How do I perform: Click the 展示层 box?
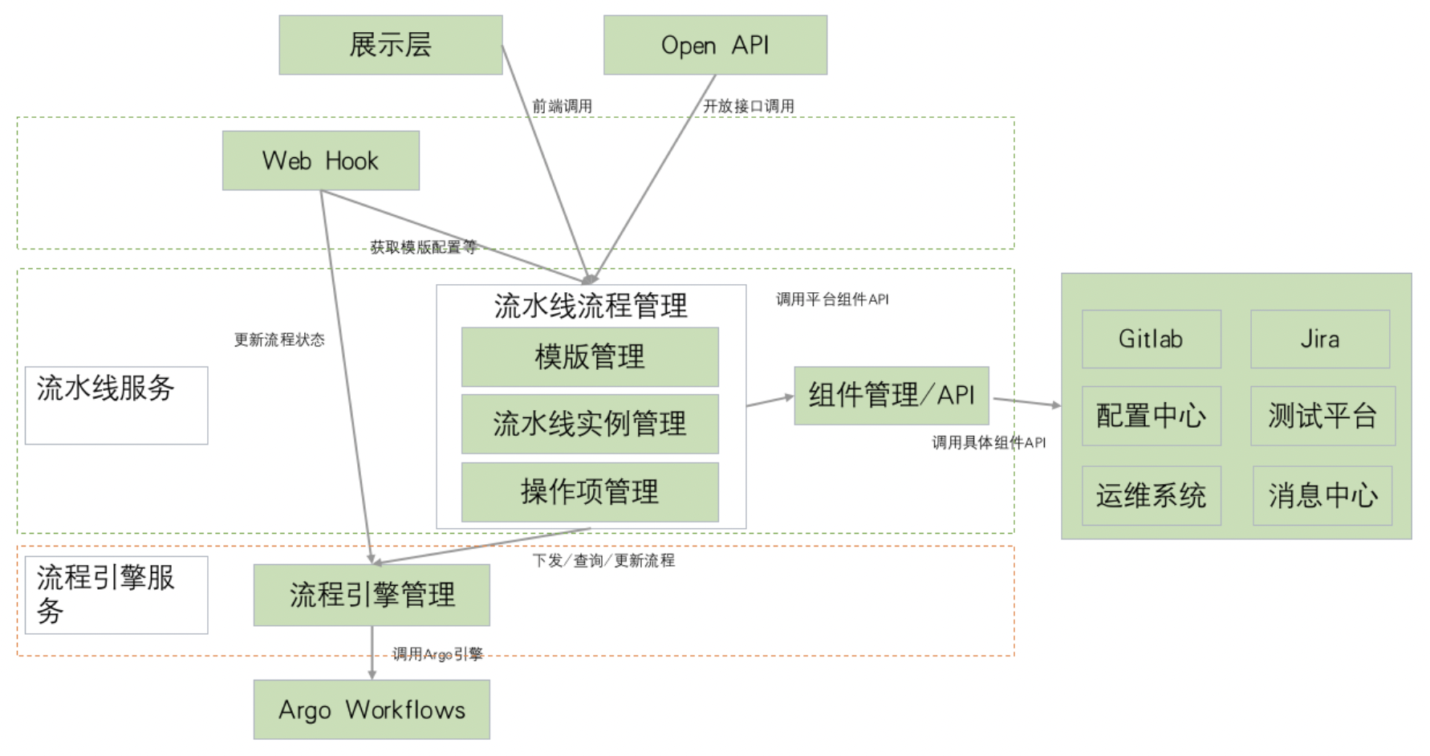click(x=391, y=45)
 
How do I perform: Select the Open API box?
click(x=715, y=45)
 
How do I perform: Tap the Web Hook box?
click(x=321, y=161)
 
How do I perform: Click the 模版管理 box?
click(x=590, y=357)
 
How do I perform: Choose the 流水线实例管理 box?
click(x=590, y=424)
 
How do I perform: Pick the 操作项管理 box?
click(x=590, y=492)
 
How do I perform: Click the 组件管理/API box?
click(x=892, y=396)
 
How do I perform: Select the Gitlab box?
click(x=1152, y=339)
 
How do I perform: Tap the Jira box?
click(x=1320, y=339)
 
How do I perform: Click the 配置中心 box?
click(x=1152, y=416)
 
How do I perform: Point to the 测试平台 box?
click(x=1322, y=416)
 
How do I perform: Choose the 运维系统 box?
click(x=1152, y=496)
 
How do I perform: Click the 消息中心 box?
click(x=1322, y=496)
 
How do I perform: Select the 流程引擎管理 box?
click(x=372, y=595)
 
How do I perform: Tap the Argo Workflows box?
click(x=372, y=709)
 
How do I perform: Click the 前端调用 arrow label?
click(x=563, y=106)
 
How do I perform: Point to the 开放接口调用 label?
click(x=749, y=106)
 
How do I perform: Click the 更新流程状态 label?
click(x=279, y=340)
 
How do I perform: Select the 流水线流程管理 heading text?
click(x=591, y=306)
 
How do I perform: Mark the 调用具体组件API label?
click(x=989, y=442)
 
